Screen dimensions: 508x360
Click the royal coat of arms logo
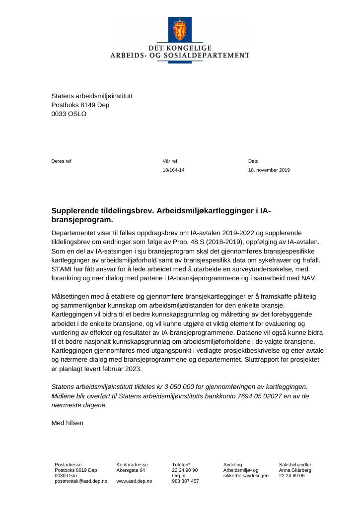click(x=179, y=30)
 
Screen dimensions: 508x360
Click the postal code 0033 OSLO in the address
click(x=69, y=114)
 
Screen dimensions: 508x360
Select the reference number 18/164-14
click(x=173, y=170)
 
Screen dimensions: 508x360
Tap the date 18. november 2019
click(x=269, y=170)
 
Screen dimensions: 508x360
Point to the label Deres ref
click(x=61, y=161)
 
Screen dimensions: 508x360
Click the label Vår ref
click(x=169, y=161)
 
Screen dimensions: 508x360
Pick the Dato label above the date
click(x=253, y=161)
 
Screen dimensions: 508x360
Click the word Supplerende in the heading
click(x=76, y=211)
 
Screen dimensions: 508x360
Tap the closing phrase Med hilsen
click(x=68, y=423)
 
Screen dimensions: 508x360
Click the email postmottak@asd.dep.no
click(x=80, y=481)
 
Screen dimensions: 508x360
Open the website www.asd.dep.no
click(x=134, y=481)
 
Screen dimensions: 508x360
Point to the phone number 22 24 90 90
click(x=185, y=470)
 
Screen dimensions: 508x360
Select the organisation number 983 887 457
click(x=185, y=481)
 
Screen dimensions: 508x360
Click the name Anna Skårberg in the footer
click(x=295, y=470)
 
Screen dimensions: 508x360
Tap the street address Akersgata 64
click(x=131, y=470)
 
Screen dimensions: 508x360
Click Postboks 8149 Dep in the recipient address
click(x=80, y=105)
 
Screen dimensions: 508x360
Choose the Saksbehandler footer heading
click(x=295, y=465)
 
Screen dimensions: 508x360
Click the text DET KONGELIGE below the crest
click(x=180, y=48)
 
